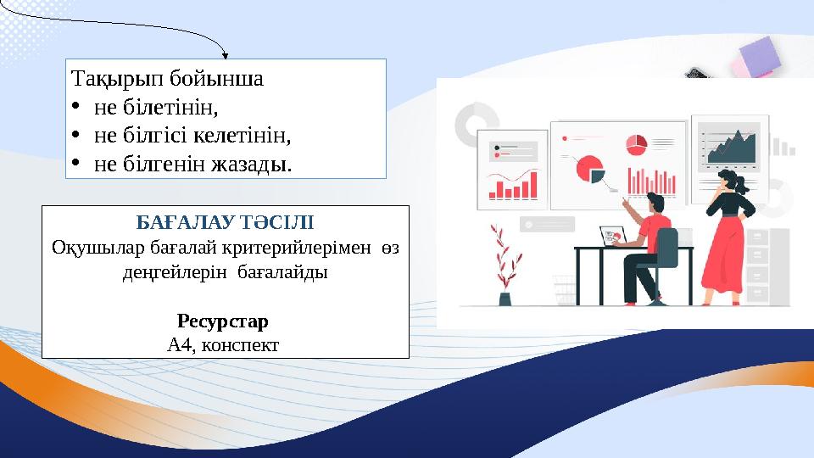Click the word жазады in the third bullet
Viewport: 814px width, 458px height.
[x=253, y=162]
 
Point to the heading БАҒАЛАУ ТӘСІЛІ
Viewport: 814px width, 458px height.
[x=225, y=224]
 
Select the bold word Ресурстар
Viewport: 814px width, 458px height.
[x=223, y=322]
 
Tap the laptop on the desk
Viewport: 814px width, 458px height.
[x=612, y=236]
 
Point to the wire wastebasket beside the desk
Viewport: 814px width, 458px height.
[x=564, y=287]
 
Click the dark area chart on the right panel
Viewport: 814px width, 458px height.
[x=731, y=150]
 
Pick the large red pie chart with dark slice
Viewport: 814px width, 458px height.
[x=588, y=169]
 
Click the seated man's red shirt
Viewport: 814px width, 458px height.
[x=655, y=229]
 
